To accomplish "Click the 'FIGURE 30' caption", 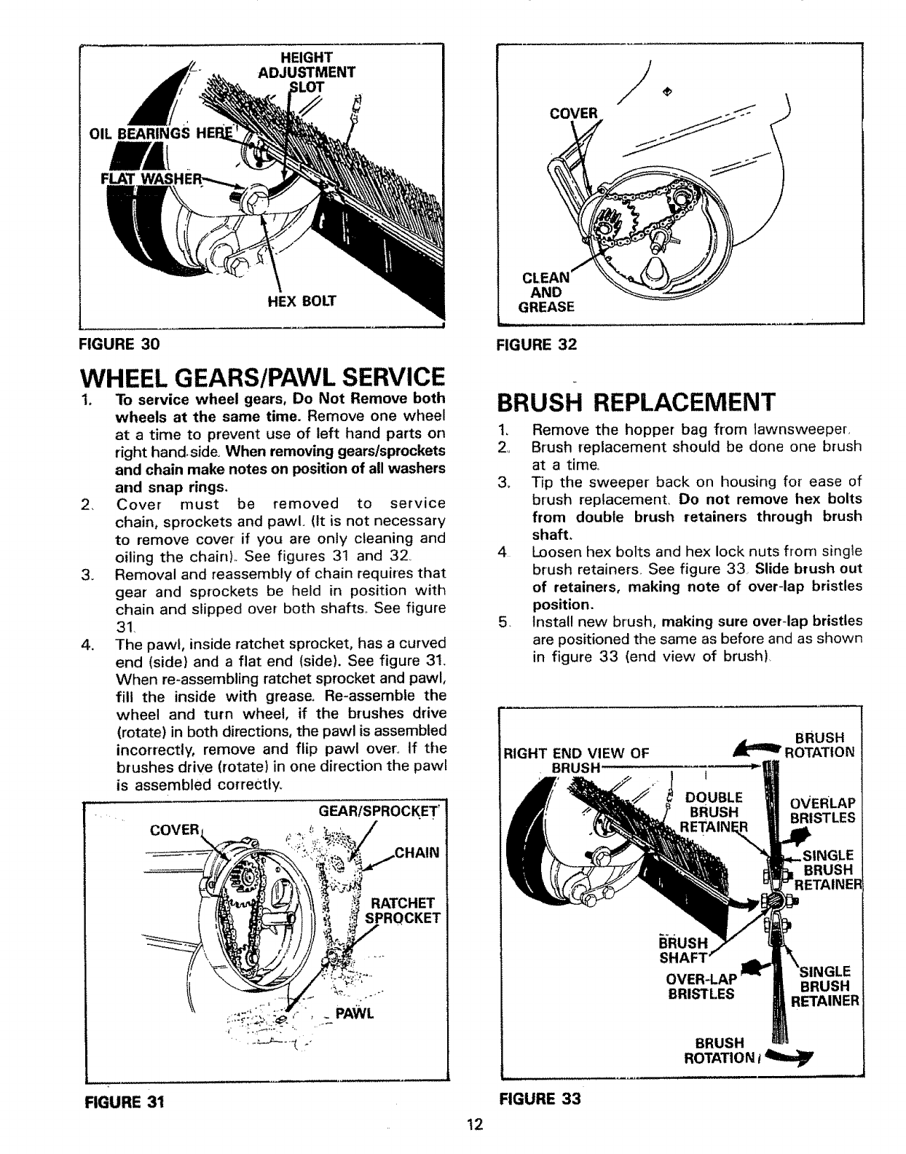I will pyautogui.click(x=123, y=342).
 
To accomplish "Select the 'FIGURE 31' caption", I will pyautogui.click(x=122, y=1102).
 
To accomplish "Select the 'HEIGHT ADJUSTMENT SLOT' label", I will pyautogui.click(x=307, y=71).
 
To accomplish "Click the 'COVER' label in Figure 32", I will pyautogui.click(x=575, y=113).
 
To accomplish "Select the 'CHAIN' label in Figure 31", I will pyautogui.click(x=416, y=853).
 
